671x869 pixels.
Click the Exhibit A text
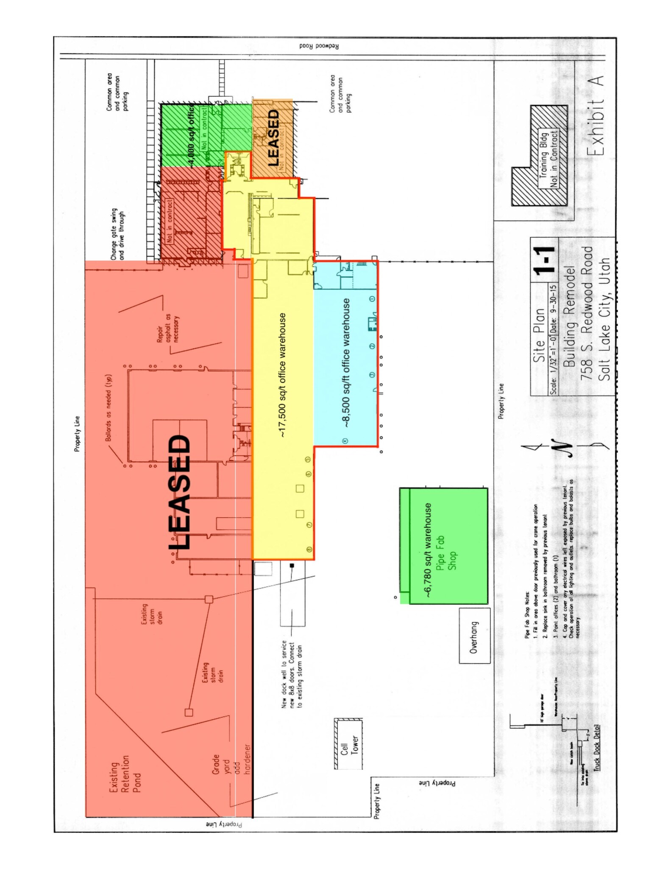[x=595, y=116]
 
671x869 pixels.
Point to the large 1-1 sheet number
[x=543, y=261]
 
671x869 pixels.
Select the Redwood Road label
[x=319, y=46]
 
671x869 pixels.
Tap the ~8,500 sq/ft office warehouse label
[x=346, y=363]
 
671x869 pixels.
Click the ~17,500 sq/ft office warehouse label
[x=282, y=376]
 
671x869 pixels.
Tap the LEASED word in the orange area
[x=273, y=138]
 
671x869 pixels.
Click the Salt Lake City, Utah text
[x=604, y=319]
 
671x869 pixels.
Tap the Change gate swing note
[x=117, y=234]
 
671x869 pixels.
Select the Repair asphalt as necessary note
[x=168, y=328]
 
